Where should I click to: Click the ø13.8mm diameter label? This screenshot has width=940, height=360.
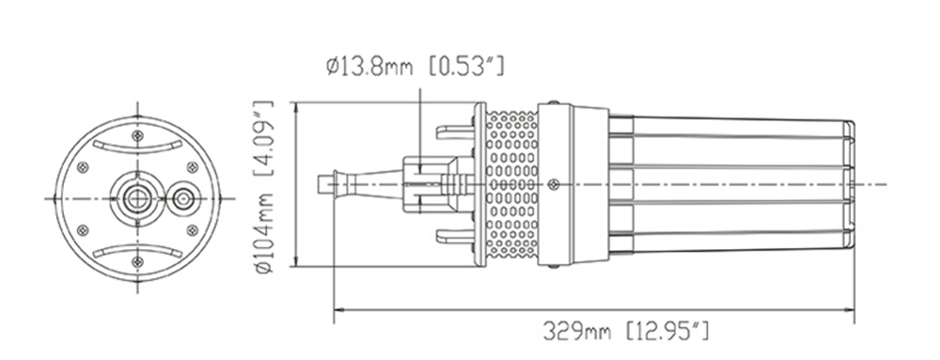point(369,66)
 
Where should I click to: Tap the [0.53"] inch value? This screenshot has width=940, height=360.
point(467,66)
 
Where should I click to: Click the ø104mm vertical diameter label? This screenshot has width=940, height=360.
point(264,234)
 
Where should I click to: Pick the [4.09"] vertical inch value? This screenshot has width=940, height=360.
point(264,138)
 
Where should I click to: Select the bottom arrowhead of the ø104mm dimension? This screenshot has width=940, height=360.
point(294,260)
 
